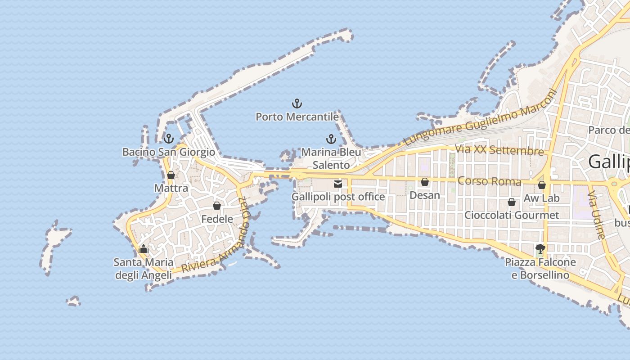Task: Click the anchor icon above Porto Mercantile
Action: pyautogui.click(x=297, y=104)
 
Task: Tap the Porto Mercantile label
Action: pyautogui.click(x=297, y=117)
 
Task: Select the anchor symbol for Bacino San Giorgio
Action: pyautogui.click(x=169, y=138)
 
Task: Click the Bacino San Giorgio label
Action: pyautogui.click(x=169, y=152)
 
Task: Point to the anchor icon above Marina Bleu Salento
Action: pyautogui.click(x=331, y=139)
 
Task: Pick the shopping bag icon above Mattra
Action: pyautogui.click(x=171, y=175)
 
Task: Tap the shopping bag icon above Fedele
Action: pyautogui.click(x=217, y=206)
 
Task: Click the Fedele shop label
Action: pyautogui.click(x=217, y=219)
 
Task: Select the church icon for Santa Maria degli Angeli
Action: pyautogui.click(x=144, y=248)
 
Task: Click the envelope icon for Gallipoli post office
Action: pyautogui.click(x=338, y=184)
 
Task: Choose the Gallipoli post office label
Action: pyautogui.click(x=338, y=197)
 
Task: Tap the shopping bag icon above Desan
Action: pyautogui.click(x=424, y=182)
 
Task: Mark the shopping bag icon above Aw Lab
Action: pyautogui.click(x=542, y=185)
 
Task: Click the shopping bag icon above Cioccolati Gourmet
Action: pyautogui.click(x=512, y=202)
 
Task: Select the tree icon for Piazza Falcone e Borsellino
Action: pyautogui.click(x=540, y=248)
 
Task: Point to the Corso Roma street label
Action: pyautogui.click(x=489, y=181)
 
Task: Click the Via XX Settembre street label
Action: pyautogui.click(x=499, y=149)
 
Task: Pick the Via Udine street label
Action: pyautogui.click(x=596, y=215)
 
